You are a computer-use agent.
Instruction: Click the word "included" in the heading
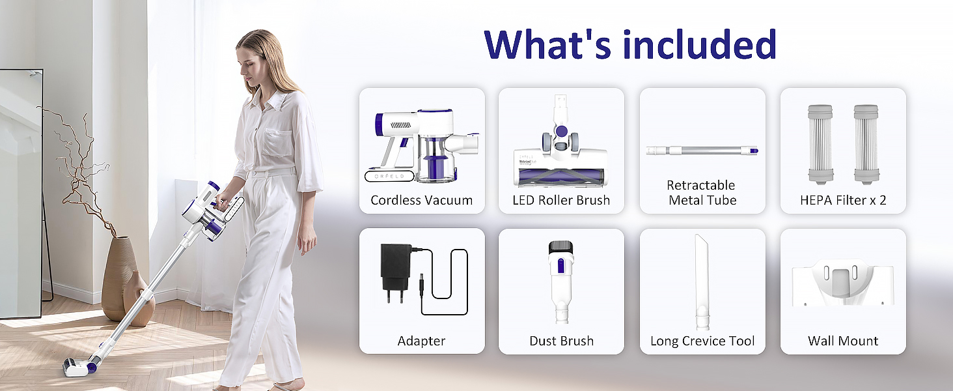700,44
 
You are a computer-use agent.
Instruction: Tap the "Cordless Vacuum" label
422,200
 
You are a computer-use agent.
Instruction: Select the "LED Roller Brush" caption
561,200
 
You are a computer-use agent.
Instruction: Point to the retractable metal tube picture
702,151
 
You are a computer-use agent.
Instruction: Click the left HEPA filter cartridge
820,145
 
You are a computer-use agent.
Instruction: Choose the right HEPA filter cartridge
866,145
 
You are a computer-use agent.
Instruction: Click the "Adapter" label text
421,341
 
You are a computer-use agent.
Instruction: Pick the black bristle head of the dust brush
560,247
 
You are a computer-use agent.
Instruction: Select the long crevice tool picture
702,282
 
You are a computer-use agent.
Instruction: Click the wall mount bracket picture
843,282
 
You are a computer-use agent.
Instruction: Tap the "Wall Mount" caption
843,341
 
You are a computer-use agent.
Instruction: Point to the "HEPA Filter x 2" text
843,200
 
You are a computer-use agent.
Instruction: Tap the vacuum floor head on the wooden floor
77,366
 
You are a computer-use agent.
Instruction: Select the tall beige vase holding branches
118,277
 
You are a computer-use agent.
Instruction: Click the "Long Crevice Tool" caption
702,341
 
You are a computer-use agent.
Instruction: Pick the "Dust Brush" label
561,341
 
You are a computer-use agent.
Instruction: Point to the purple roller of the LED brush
560,175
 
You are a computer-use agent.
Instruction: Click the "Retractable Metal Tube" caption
702,192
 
